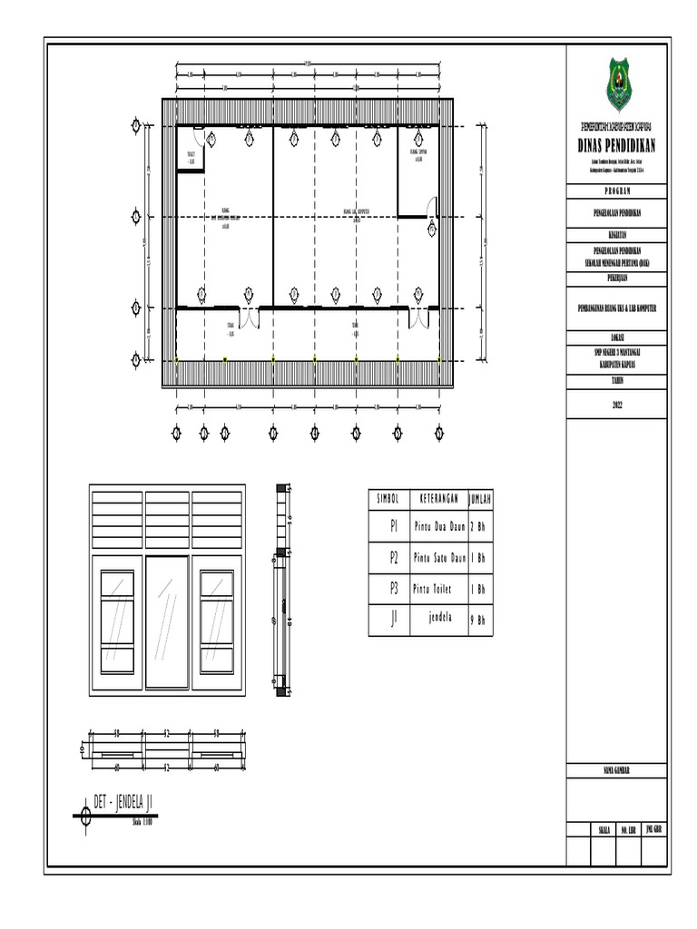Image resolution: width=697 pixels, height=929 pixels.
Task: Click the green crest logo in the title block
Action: coord(622,83)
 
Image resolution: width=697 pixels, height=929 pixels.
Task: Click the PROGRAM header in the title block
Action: coord(622,191)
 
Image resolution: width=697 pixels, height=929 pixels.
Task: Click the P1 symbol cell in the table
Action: coord(394,525)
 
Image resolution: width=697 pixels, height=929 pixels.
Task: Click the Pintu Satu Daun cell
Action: coord(439,556)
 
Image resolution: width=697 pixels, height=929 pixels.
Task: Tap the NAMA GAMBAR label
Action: coord(622,770)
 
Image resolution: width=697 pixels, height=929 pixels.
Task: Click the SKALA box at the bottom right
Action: coord(603,829)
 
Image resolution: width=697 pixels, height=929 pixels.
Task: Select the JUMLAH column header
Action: coord(479,499)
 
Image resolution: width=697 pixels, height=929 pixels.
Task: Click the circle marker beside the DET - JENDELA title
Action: coord(85,815)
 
